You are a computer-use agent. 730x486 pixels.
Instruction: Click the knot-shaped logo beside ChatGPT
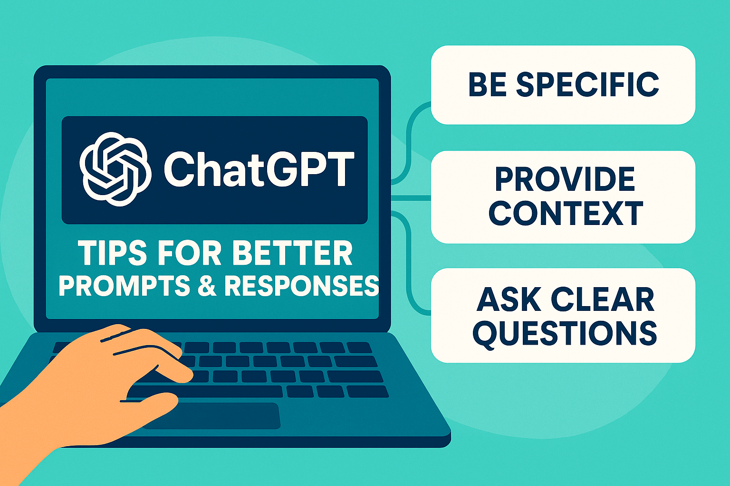click(x=115, y=169)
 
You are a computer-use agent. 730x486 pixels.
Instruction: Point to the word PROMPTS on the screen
click(x=124, y=286)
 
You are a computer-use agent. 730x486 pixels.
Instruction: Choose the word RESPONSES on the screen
click(x=301, y=286)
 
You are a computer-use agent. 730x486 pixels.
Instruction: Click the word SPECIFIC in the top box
click(x=588, y=84)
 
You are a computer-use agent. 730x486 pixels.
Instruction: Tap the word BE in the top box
click(x=488, y=84)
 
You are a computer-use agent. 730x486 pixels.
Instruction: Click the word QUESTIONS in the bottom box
click(x=565, y=334)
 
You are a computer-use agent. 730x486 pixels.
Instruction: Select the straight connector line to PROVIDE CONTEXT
click(x=411, y=198)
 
